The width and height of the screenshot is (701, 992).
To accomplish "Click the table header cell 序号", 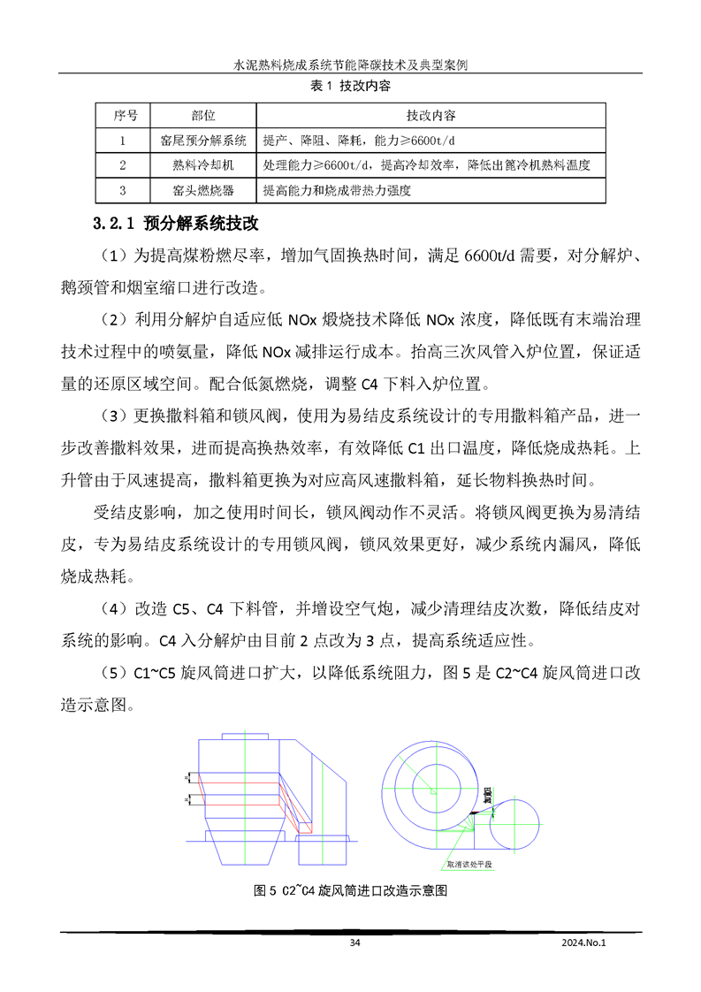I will [122, 116].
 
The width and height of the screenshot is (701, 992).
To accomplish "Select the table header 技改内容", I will [431, 116].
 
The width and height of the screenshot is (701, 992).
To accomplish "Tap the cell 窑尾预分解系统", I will [203, 141].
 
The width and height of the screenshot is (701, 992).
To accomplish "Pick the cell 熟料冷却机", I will [203, 165].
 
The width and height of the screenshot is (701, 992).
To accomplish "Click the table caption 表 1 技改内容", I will [350, 86].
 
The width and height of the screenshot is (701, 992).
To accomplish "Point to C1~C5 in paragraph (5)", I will [156, 673].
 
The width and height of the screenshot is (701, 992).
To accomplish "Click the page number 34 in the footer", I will [355, 943].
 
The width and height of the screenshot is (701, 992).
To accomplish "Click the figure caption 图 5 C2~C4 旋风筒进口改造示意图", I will [351, 890].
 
